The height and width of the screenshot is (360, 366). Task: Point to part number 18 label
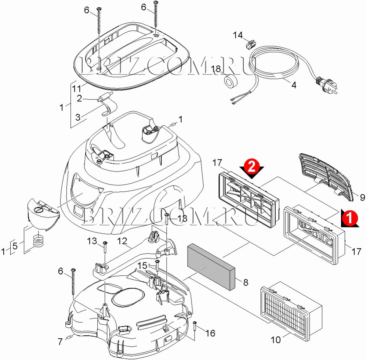pyautogui.click(x=216, y=69)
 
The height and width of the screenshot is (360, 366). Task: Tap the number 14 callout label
pyautogui.click(x=238, y=35)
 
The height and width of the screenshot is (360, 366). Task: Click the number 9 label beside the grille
pyautogui.click(x=362, y=198)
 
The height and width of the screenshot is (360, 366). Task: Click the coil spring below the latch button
pyautogui.click(x=38, y=242)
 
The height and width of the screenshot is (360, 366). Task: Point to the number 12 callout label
pyautogui.click(x=122, y=241)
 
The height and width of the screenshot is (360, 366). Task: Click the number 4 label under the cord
pyautogui.click(x=293, y=84)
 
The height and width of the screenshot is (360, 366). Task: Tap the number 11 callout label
pyautogui.click(x=76, y=89)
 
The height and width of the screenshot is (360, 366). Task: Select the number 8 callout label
pyautogui.click(x=245, y=282)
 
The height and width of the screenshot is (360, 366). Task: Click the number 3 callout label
pyautogui.click(x=77, y=117)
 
